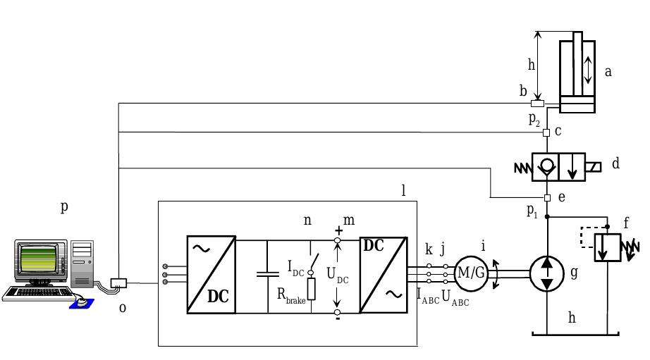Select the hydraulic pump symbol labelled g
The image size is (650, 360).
547,274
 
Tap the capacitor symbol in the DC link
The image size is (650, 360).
268,274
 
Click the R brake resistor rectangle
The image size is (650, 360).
312,289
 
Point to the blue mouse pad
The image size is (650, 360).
82,304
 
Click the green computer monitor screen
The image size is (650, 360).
38,259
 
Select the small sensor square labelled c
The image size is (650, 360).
546,133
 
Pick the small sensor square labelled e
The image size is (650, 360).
547,198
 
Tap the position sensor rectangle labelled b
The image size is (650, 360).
538,104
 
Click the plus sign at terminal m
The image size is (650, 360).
338,231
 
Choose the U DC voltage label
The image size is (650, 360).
338,275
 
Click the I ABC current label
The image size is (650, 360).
428,297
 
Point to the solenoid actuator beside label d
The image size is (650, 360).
593,167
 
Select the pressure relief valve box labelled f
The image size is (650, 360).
608,247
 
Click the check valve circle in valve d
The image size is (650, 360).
546,165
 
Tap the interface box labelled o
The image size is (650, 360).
118,283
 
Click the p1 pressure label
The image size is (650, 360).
532,211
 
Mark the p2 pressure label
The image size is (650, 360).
534,119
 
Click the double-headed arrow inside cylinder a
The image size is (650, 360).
588,70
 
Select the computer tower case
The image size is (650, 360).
82,264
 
